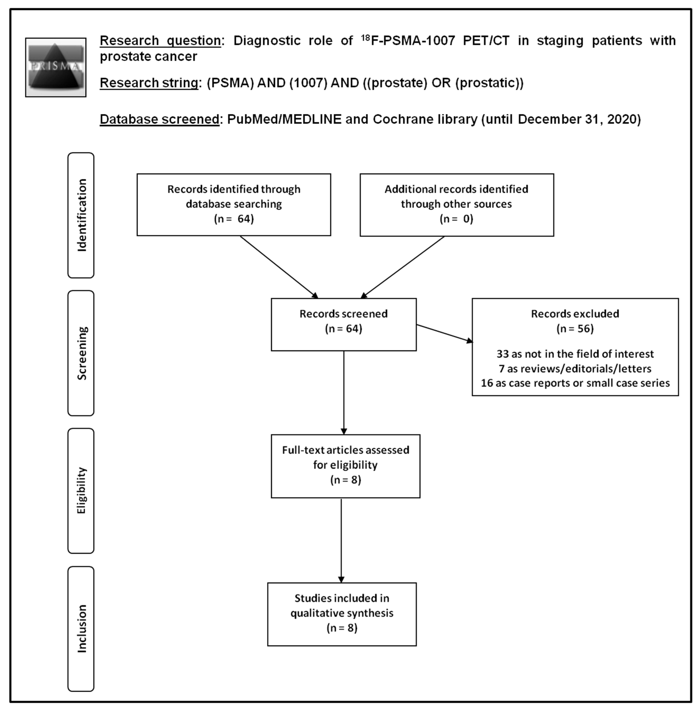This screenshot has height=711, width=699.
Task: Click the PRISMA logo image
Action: (56, 67)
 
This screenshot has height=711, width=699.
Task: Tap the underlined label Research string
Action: (149, 83)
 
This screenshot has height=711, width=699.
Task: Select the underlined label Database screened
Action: (159, 119)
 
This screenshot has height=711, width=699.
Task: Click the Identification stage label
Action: (81, 215)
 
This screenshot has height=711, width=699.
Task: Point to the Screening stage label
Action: (81, 353)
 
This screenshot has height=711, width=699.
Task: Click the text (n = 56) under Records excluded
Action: (575, 328)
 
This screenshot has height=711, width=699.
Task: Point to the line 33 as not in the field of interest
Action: (575, 354)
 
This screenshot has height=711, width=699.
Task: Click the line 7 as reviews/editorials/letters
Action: (575, 368)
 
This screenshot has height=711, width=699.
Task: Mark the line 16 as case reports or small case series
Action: (575, 383)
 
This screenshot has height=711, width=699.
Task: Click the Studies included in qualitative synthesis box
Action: (342, 614)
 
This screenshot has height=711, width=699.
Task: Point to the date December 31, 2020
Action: (579, 119)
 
